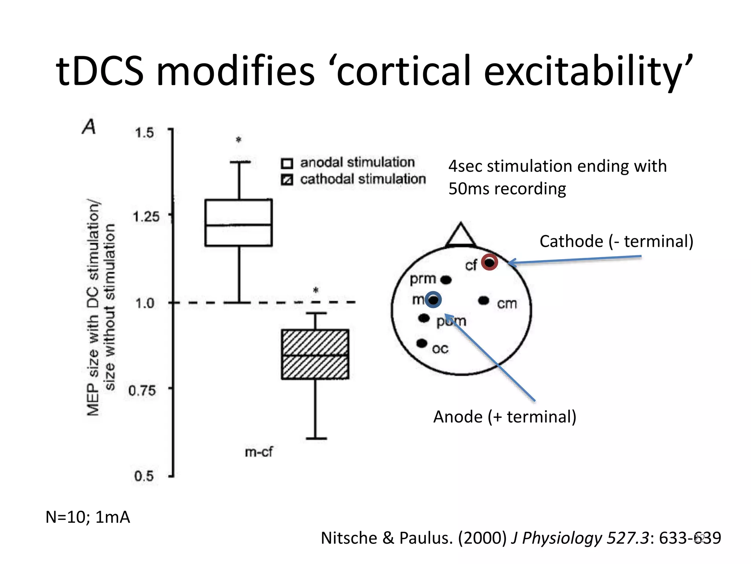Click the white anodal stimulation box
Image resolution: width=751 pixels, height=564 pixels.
tap(238, 223)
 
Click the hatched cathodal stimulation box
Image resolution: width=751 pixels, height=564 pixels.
tap(315, 354)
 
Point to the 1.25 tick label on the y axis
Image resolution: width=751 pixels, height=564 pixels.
tap(146, 217)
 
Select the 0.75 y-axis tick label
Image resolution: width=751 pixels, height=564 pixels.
tap(142, 390)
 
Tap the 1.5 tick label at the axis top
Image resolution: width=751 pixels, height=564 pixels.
tap(144, 133)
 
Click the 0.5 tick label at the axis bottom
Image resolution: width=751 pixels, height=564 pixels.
tap(144, 476)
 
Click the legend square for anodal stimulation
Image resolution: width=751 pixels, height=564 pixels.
tap(287, 163)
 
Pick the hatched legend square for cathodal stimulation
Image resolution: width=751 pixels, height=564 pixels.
tap(287, 180)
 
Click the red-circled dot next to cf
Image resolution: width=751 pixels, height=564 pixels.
tap(489, 262)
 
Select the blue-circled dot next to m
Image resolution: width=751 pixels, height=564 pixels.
tap(433, 300)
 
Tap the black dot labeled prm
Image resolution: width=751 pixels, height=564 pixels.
tap(446, 280)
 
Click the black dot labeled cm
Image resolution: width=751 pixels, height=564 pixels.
tap(484, 301)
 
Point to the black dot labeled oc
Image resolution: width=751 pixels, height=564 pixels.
tap(422, 343)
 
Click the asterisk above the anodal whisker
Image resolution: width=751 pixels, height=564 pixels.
tap(239, 140)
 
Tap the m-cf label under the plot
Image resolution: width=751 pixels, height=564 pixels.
tap(259, 452)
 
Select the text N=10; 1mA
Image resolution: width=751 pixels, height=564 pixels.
tap(88, 517)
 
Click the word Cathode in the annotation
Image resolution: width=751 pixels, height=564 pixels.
tap(571, 242)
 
